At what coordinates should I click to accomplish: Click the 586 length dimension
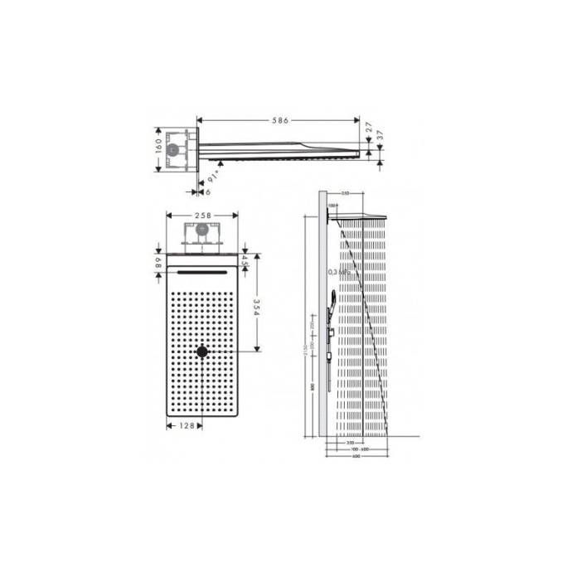[x=280, y=121]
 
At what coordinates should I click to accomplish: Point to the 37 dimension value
[x=380, y=135]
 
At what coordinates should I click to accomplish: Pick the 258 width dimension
[x=203, y=215]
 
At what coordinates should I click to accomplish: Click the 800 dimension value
[x=313, y=386]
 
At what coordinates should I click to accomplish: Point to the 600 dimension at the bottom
[x=356, y=456]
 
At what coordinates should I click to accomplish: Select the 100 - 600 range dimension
[x=358, y=449]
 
